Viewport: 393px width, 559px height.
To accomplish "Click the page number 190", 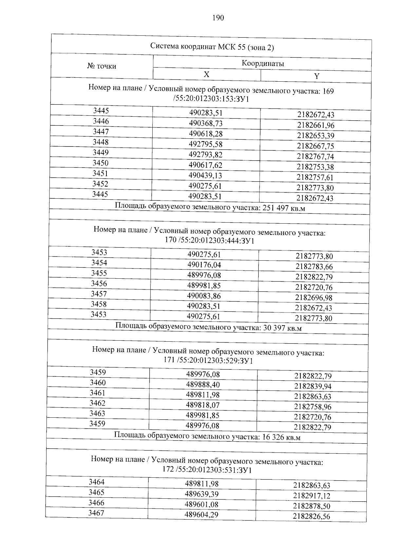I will tap(218, 18).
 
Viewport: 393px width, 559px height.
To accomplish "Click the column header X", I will tap(206, 74).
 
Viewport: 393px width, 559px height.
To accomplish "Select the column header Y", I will tap(316, 76).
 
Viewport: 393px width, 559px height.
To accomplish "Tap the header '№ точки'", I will tap(102, 66).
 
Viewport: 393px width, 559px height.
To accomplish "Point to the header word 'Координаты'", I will tap(263, 63).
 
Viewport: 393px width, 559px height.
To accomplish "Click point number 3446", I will tap(101, 121).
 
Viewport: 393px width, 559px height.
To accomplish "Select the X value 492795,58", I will tap(206, 144).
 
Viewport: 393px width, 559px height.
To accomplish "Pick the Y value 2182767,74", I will tap(315, 156).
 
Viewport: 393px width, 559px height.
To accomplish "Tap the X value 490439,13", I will tap(205, 175).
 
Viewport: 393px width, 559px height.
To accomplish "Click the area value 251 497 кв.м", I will tap(284, 208).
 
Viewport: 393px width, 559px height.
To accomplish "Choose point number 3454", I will tap(99, 263).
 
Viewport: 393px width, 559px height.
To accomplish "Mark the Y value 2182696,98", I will tap(314, 298).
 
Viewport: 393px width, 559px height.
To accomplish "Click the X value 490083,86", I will tap(204, 296).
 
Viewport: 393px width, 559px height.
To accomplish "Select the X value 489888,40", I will tap(203, 385).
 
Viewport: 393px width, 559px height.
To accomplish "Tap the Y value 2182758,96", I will tap(313, 407).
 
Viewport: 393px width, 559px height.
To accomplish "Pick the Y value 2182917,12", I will tap(312, 495).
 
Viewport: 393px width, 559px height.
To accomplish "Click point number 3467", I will tap(96, 513).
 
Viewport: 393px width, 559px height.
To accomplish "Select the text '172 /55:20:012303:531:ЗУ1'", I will tap(207, 470).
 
